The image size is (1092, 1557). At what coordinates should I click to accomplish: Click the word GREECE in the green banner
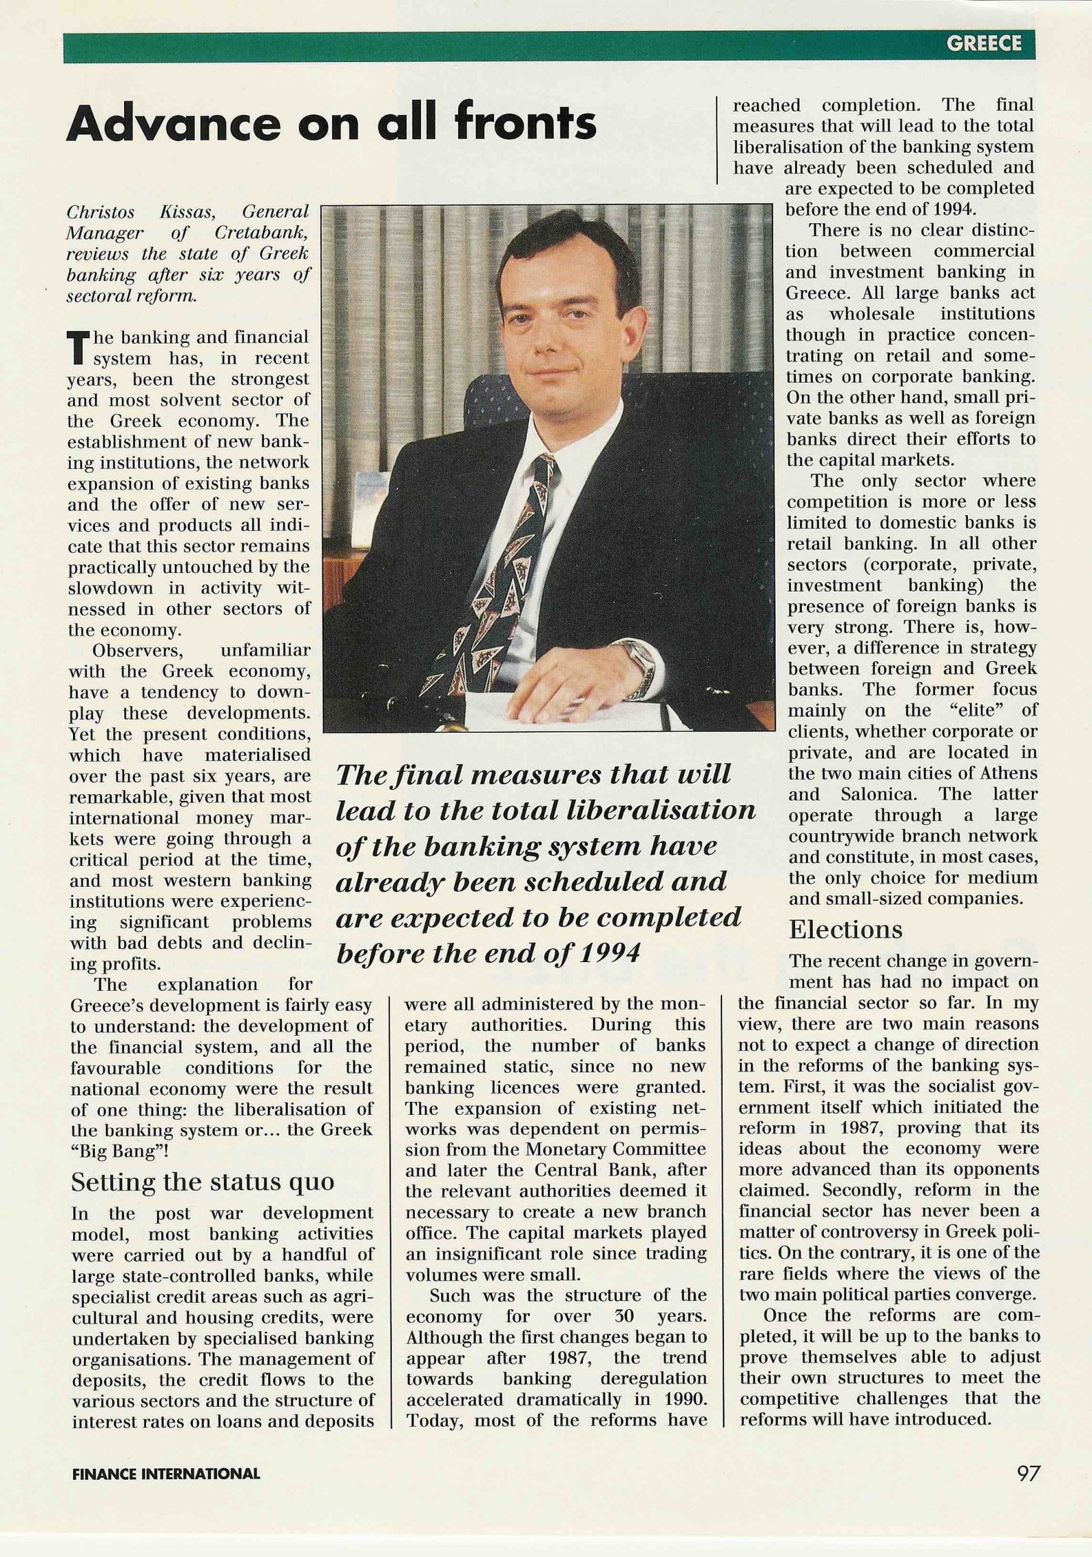[x=983, y=44]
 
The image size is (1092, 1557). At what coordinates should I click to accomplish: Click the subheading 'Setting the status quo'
[x=203, y=1182]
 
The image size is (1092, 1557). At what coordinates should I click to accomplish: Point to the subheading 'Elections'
[x=846, y=929]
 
